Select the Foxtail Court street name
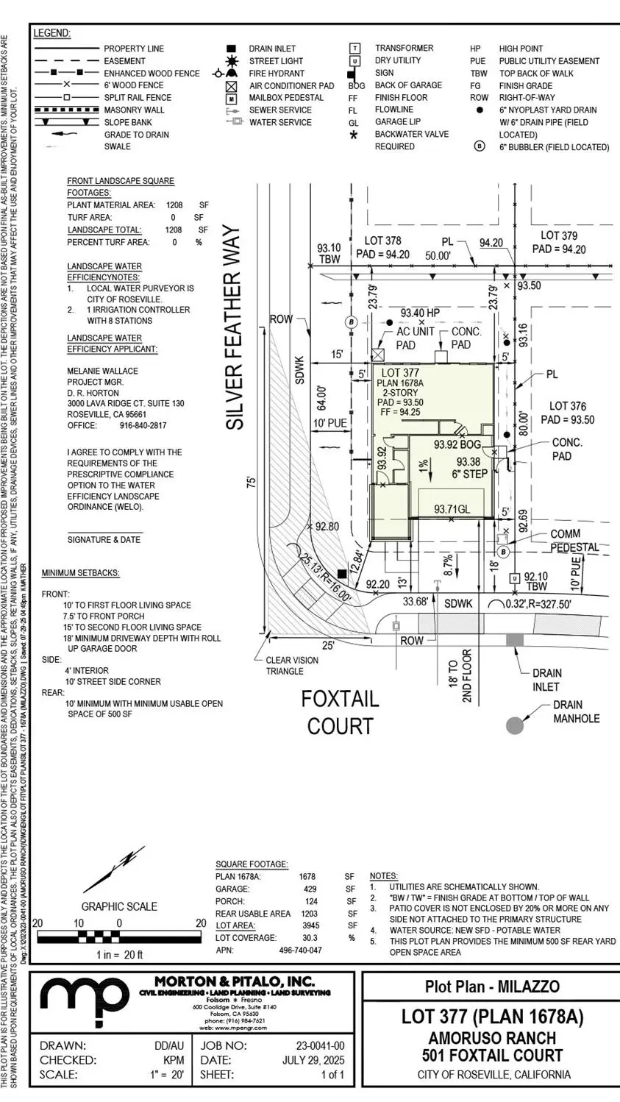(340, 711)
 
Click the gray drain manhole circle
(515, 725)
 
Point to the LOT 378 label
(383, 241)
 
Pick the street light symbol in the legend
(232, 61)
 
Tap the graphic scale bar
(119, 936)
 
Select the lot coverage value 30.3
(310, 938)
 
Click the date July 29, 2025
(313, 1060)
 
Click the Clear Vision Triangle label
(292, 666)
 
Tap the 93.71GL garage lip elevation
(452, 509)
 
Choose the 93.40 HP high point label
(420, 313)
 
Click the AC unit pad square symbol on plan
(377, 355)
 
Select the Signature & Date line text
(104, 539)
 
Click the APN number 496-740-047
(300, 950)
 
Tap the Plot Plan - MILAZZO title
(492, 987)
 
